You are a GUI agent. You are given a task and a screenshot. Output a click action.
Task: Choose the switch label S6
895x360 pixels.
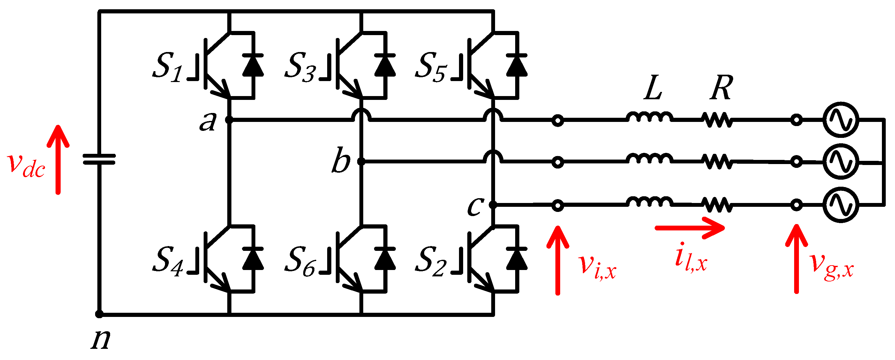(x=299, y=261)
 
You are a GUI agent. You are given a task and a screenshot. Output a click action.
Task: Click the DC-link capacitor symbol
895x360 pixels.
(x=99, y=160)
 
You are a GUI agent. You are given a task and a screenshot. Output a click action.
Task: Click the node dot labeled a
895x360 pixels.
(x=229, y=120)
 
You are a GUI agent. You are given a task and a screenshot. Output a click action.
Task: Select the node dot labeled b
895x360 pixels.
(x=361, y=161)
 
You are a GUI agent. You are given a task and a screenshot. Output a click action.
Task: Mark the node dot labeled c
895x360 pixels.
(x=493, y=205)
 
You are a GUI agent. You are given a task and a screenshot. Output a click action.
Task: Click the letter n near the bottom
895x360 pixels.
(x=101, y=339)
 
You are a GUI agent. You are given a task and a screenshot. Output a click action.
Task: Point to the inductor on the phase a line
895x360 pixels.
(x=649, y=117)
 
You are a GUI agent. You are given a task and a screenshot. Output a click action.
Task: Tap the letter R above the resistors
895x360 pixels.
(x=721, y=87)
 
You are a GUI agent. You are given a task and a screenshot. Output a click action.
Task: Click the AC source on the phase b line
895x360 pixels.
(x=841, y=161)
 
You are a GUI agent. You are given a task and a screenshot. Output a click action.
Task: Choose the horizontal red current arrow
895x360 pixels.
(x=689, y=228)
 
